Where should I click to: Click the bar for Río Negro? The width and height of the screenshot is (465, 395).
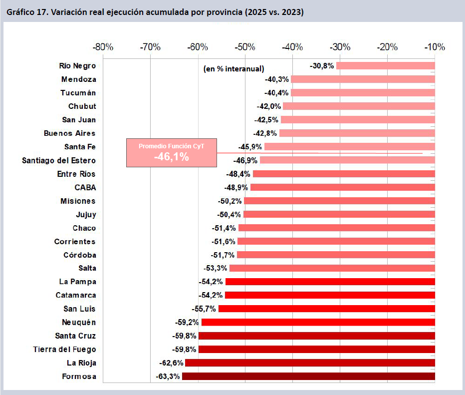click(x=385, y=66)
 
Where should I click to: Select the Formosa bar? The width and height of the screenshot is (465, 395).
click(x=308, y=377)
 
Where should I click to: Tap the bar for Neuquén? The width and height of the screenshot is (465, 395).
click(x=318, y=322)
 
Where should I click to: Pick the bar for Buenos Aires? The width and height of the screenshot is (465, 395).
click(x=357, y=133)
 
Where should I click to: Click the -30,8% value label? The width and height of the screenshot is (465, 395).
click(x=322, y=66)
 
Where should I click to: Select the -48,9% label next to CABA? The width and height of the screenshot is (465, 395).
click(x=236, y=188)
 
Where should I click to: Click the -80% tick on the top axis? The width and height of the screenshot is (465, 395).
click(x=103, y=47)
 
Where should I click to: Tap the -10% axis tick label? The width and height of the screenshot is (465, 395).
click(x=435, y=47)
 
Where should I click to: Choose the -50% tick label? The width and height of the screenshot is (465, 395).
click(x=245, y=47)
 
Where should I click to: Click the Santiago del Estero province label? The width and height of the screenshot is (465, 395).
click(x=59, y=161)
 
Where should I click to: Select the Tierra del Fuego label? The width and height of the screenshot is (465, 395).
click(x=64, y=350)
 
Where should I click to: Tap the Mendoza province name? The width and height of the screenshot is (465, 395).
click(x=79, y=79)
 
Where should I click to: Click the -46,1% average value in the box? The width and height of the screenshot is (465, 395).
click(x=171, y=157)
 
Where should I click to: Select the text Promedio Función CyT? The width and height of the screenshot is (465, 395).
click(x=171, y=146)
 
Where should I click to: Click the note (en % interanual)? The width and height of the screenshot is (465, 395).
click(x=233, y=69)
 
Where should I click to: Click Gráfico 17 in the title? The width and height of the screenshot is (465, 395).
click(x=25, y=11)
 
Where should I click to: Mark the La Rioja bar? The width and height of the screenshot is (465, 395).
click(x=310, y=363)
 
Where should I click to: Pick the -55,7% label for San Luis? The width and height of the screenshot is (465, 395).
click(x=204, y=309)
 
